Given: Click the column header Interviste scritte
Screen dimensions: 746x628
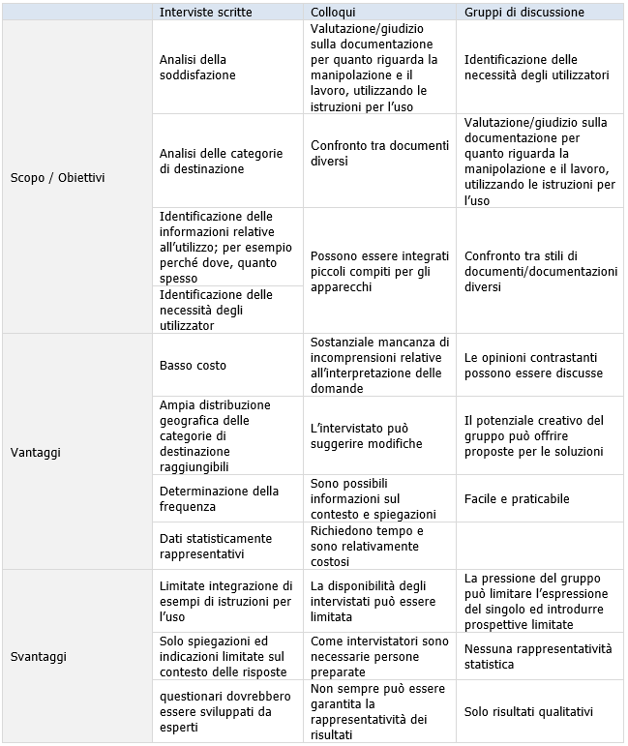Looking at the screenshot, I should click(206, 13).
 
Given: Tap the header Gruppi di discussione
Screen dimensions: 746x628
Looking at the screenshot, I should click(523, 13).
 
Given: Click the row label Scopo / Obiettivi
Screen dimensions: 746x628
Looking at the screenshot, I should click(57, 177).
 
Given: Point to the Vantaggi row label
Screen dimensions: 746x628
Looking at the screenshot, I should click(37, 452).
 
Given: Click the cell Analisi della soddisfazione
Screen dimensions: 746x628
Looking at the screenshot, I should click(197, 67).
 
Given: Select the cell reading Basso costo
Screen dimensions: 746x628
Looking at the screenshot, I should click(193, 366).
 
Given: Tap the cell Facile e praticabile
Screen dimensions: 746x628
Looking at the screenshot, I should click(517, 499).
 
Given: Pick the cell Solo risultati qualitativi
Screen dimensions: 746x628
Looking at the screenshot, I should click(528, 712).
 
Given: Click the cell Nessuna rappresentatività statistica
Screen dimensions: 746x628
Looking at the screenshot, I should click(538, 656).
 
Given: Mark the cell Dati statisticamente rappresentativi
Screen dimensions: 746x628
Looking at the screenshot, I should click(216, 546).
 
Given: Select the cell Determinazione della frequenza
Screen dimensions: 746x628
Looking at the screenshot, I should click(219, 499).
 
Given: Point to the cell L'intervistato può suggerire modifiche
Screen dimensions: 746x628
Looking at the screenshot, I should click(366, 436).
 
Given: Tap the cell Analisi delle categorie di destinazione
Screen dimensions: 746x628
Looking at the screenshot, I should click(221, 162).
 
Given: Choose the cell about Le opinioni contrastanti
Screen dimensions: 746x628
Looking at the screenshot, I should click(533, 366).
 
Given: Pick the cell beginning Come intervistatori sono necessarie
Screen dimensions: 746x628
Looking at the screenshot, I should click(379, 656).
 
